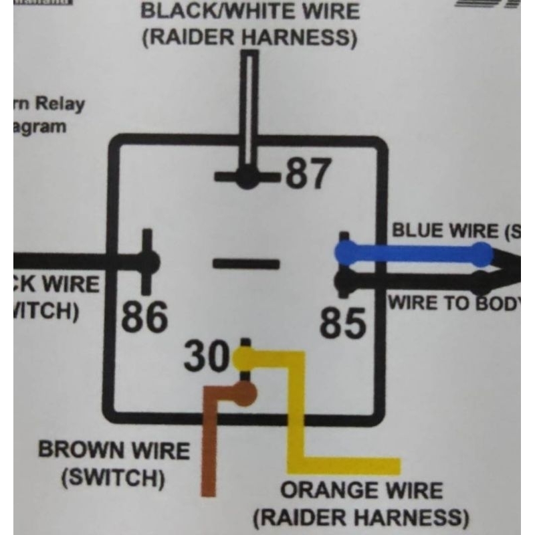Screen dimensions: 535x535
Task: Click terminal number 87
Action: (308, 174)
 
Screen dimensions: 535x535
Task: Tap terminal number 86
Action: (145, 317)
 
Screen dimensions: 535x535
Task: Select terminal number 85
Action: (343, 324)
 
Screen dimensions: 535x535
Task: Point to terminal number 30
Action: (207, 357)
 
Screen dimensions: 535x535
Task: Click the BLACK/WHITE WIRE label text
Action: (250, 11)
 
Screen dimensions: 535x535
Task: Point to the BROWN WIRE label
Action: (114, 449)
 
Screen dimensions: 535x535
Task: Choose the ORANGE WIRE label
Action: (361, 490)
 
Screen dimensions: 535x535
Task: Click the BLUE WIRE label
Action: (455, 231)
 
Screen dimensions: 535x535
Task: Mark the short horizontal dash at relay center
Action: (246, 263)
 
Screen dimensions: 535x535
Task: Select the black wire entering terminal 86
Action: (74, 261)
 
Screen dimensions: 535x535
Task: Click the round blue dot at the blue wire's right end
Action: (481, 253)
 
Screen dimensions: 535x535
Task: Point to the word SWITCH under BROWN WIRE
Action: (112, 478)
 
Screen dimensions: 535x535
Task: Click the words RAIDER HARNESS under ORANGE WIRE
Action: (361, 517)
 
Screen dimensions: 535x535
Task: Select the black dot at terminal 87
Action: (248, 177)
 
